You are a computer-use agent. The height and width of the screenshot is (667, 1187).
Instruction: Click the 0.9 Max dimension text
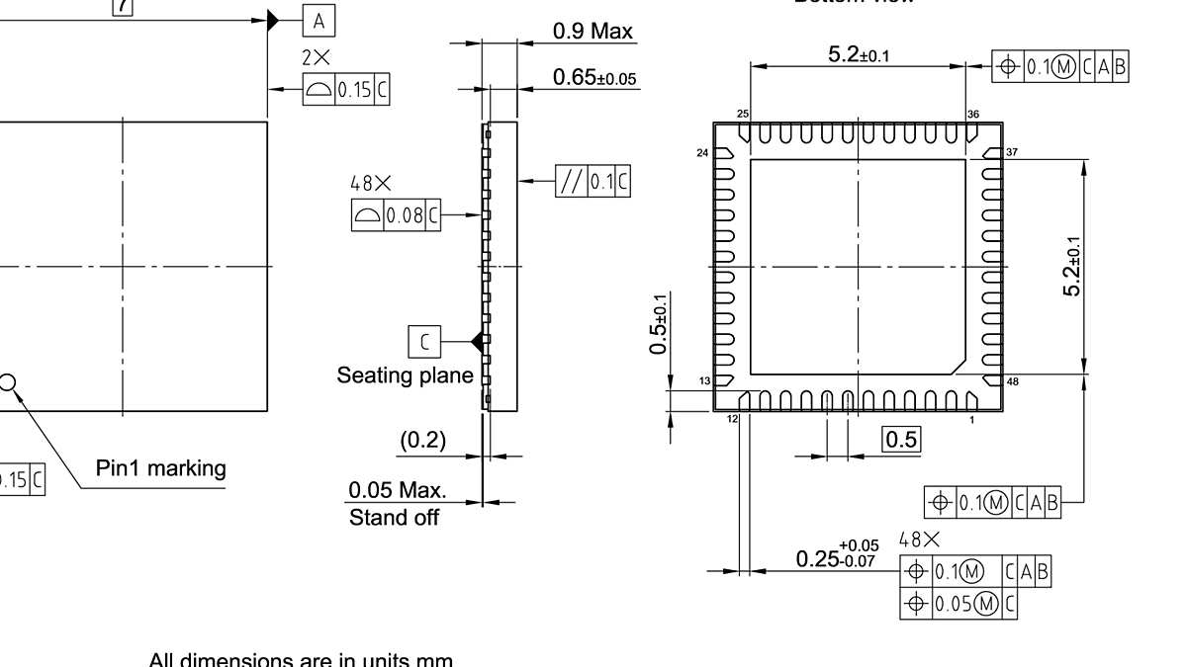click(592, 31)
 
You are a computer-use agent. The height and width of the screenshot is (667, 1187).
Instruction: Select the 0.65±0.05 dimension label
click(594, 77)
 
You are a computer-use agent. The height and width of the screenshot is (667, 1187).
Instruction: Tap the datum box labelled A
click(319, 20)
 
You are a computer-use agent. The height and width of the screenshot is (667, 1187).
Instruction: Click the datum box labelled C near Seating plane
click(424, 341)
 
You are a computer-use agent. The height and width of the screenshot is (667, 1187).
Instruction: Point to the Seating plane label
click(405, 375)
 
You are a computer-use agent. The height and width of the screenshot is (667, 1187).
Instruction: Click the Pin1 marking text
click(160, 468)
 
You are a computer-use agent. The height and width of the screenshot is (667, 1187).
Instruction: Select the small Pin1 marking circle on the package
click(6, 382)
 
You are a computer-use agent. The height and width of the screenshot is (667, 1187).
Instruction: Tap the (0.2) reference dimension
click(422, 441)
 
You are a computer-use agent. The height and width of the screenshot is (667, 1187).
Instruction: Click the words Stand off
click(394, 517)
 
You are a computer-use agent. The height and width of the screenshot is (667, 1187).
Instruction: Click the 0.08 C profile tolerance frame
click(396, 214)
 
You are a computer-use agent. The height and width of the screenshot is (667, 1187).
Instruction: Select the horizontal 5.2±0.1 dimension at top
click(858, 55)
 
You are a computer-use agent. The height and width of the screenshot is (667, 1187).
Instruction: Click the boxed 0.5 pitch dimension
click(901, 440)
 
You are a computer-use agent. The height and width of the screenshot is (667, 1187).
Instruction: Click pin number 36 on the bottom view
click(973, 115)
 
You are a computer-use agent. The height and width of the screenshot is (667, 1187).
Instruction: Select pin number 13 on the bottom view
click(705, 381)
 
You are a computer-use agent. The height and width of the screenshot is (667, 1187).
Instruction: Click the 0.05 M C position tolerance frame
click(959, 604)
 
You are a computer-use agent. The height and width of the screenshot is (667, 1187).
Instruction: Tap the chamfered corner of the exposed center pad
click(957, 367)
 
